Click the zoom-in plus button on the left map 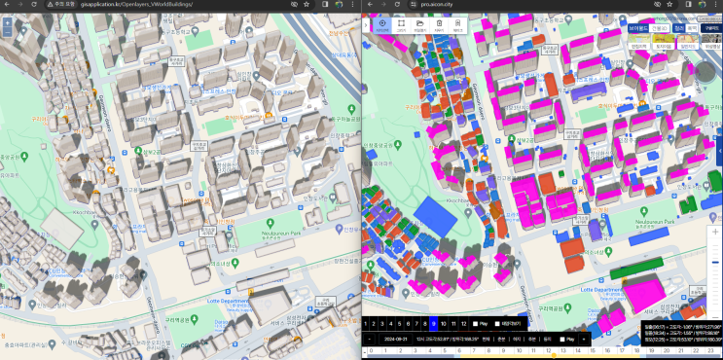click(x=7, y=20)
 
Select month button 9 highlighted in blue click(x=430, y=322)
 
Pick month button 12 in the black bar click(x=463, y=322)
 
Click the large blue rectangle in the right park click(x=433, y=216)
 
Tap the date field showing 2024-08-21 click(x=396, y=339)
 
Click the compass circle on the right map click(x=705, y=71)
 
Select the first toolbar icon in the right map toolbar click(x=381, y=24)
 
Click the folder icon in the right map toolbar click(x=419, y=24)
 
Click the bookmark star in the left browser click(x=307, y=5)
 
